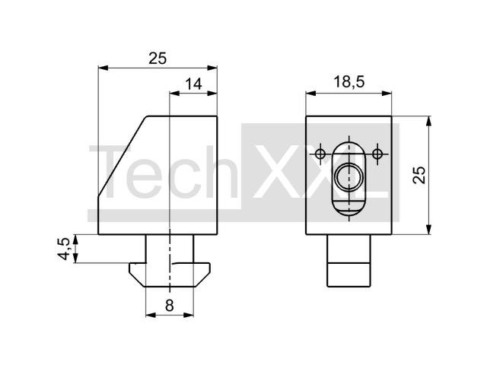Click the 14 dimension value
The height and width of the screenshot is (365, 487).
click(193, 84)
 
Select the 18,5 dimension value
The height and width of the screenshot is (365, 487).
click(349, 82)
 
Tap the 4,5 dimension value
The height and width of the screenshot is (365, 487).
click(64, 249)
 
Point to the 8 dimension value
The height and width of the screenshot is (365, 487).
click(169, 306)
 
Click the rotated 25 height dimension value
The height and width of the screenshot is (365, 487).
click(419, 175)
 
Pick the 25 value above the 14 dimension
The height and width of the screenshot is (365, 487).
click(158, 58)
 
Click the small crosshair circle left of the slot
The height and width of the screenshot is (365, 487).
click(320, 154)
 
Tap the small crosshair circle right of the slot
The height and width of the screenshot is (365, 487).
click(377, 154)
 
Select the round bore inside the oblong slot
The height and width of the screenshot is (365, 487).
click(349, 177)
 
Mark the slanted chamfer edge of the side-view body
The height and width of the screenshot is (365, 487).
click(122, 156)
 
